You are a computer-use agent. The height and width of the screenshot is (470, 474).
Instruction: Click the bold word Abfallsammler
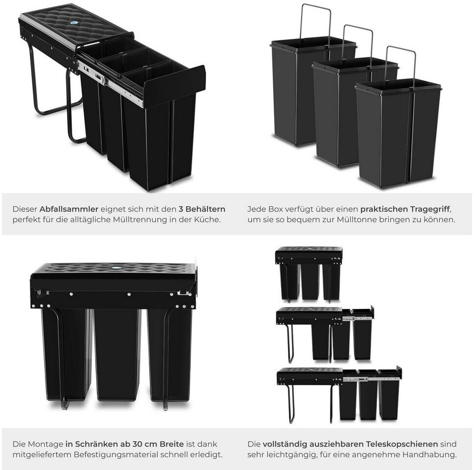69,209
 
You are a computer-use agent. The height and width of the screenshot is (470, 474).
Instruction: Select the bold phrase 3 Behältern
202,209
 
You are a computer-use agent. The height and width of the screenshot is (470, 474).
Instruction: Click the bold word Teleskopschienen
402,444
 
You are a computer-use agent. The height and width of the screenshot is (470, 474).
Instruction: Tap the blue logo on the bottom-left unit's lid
117,268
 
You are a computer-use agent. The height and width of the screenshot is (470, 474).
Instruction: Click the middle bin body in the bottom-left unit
118,355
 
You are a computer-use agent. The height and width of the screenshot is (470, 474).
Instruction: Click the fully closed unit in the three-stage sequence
309,274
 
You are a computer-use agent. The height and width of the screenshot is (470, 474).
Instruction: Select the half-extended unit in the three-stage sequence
325,333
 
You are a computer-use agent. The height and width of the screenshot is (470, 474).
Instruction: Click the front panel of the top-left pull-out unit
173,87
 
